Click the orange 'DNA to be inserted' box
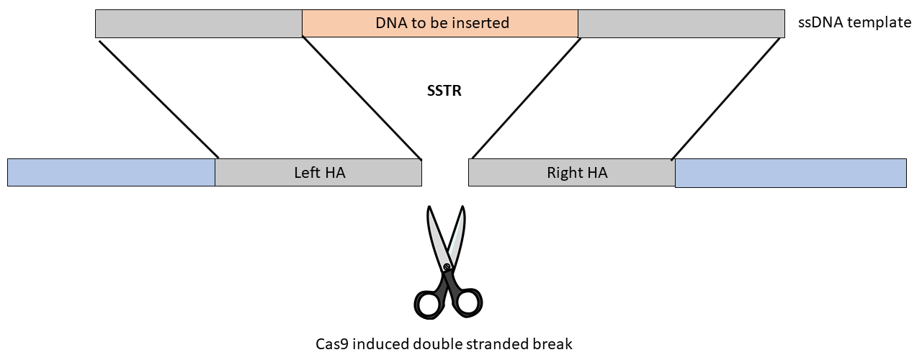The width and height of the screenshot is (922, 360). coord(440,24)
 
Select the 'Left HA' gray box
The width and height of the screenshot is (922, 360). coord(318,172)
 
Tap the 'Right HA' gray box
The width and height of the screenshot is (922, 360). coord(572,172)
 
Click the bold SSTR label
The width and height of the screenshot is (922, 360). coord(444,91)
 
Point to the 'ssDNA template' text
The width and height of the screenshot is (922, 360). coord(854,22)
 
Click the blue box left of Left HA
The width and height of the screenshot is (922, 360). coord(111,172)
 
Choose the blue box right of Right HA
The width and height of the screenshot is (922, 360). coord(791,174)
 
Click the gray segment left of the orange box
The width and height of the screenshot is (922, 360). coord(199,24)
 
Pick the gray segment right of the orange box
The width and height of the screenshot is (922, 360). coord(681,24)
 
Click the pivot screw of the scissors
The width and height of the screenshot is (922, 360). coord(447,267)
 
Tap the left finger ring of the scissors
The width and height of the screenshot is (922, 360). coord(429,303)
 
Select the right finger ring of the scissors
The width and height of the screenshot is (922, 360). coord(467,302)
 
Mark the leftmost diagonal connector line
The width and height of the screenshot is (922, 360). coord(159,99)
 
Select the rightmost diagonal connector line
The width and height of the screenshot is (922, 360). coord(725,99)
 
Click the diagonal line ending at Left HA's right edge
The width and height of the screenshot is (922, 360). coord(362,98)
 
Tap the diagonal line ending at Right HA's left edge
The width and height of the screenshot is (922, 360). coord(527,99)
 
